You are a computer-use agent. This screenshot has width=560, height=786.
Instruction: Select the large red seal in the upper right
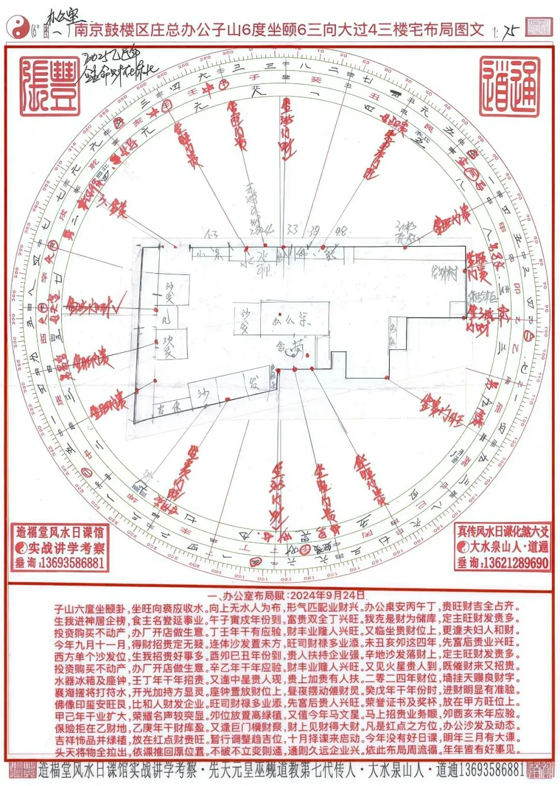coord(509,87)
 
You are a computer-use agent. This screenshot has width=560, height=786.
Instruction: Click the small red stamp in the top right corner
coord(538,27)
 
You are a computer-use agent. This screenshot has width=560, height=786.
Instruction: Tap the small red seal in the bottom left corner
coord(20,770)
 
